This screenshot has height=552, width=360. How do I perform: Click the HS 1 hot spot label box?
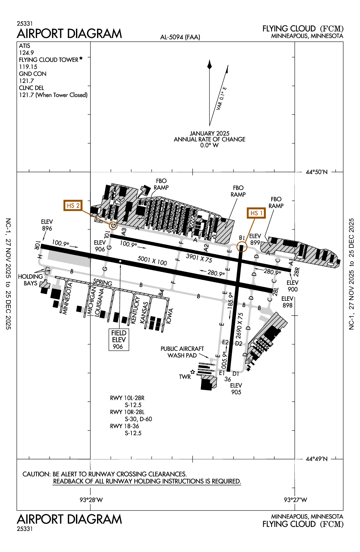tap(256, 213)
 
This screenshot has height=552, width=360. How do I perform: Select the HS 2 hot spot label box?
tap(73, 205)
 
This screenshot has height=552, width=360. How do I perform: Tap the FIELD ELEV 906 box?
tap(119, 340)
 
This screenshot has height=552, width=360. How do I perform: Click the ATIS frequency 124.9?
tap(26, 53)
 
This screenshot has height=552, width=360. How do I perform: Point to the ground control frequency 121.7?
tap(26, 81)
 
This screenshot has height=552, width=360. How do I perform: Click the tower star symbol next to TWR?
tap(192, 372)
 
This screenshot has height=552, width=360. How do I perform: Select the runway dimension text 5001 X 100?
tap(152, 261)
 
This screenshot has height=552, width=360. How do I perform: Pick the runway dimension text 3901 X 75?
tap(199, 258)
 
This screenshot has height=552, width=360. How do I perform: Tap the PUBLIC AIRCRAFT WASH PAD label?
tap(182, 352)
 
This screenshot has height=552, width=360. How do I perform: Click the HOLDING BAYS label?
tap(30, 280)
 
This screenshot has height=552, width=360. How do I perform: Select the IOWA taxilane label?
tap(170, 316)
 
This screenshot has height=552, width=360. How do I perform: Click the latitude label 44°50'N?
tap(317, 172)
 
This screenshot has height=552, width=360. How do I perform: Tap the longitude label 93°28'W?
tap(91, 500)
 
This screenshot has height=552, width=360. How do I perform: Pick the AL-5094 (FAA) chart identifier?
tap(180, 37)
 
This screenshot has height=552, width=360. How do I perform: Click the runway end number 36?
tap(228, 379)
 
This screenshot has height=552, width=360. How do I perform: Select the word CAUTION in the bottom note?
tap(36, 474)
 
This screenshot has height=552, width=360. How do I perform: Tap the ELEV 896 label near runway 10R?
tap(47, 225)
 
